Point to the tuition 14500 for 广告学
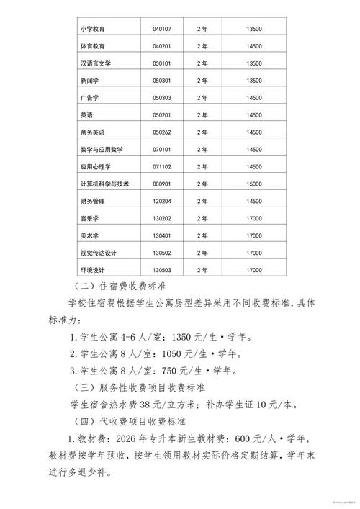253,98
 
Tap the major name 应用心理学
96,166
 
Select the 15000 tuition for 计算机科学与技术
253,184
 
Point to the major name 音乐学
91,218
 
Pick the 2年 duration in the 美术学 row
202,235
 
